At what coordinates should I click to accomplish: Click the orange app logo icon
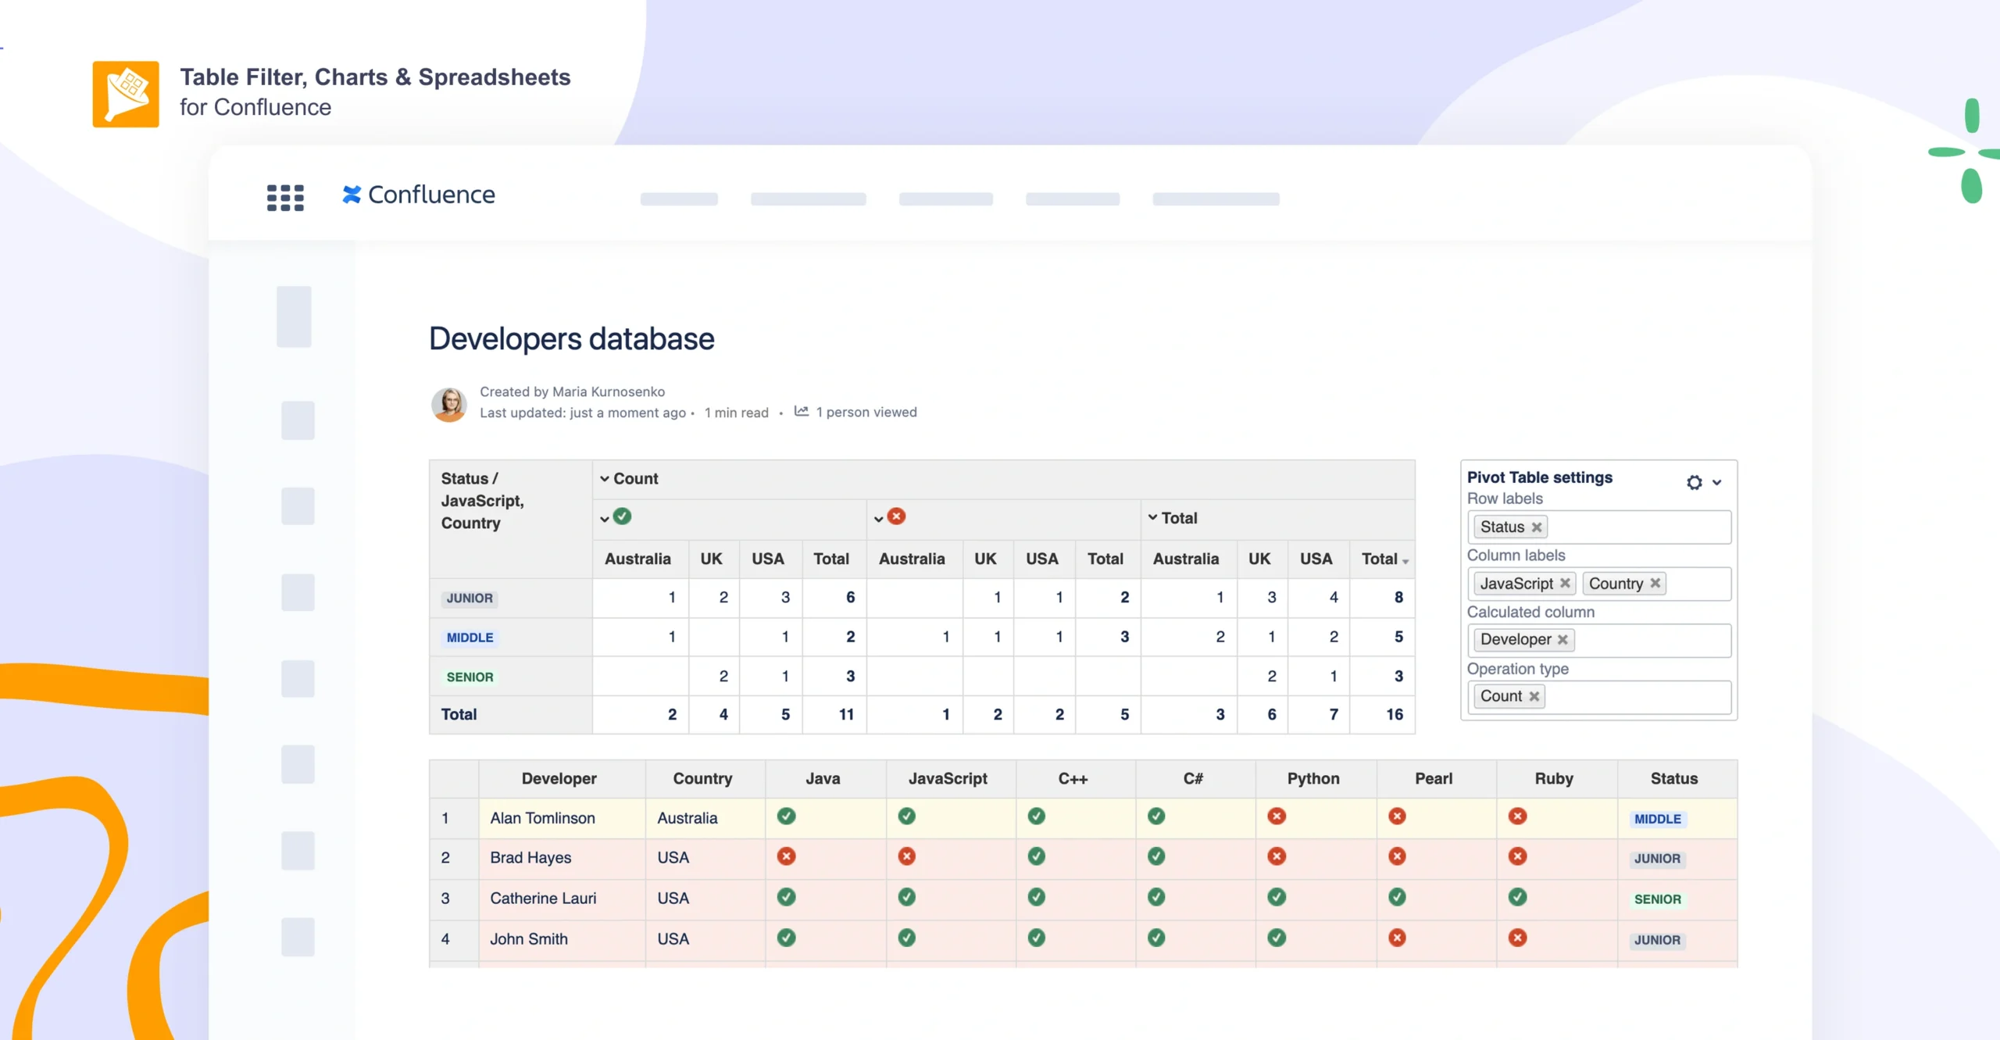[125, 94]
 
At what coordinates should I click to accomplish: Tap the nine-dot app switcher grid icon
[285, 197]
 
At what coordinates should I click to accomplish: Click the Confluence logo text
[430, 195]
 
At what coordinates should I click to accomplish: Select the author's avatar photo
[449, 404]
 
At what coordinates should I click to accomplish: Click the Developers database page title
[571, 339]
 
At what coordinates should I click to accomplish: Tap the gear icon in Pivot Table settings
[1694, 482]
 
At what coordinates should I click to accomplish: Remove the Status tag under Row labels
[1537, 527]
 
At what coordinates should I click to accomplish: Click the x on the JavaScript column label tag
[1565, 584]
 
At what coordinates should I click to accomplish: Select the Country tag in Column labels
[1615, 584]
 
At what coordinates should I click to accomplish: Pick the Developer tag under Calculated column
[1515, 640]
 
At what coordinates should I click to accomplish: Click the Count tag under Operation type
[1501, 696]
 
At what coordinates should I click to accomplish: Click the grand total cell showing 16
[1394, 714]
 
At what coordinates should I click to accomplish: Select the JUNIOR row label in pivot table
[470, 599]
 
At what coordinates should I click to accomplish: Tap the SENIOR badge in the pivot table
[470, 677]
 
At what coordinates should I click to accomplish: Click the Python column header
[1313, 778]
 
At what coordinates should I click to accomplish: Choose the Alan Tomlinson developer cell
[542, 818]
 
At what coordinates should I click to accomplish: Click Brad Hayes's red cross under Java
[786, 856]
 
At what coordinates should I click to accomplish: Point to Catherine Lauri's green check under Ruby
[1517, 897]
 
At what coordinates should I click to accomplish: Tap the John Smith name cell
[529, 939]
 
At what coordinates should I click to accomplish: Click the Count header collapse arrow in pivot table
[604, 479]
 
